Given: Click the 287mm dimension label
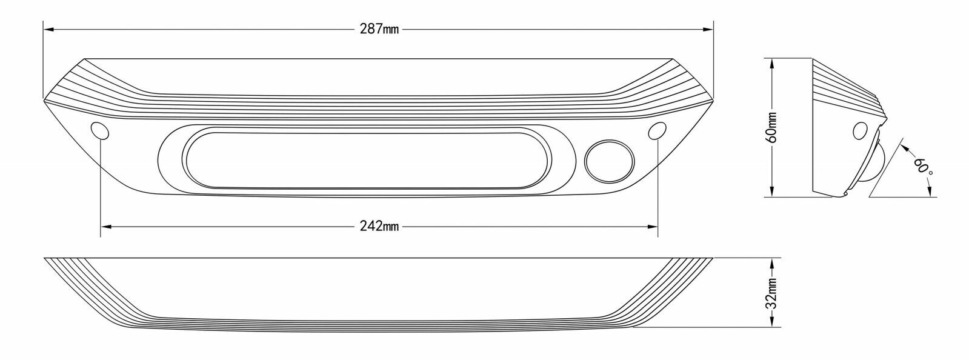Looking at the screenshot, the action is [x=379, y=29].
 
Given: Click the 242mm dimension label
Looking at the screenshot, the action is [x=379, y=226].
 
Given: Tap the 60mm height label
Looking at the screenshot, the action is [x=773, y=127].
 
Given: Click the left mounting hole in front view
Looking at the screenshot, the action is [x=100, y=130].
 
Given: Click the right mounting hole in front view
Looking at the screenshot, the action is [x=658, y=130].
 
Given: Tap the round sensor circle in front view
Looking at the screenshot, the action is [x=609, y=161].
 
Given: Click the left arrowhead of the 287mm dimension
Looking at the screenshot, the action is [x=48, y=30].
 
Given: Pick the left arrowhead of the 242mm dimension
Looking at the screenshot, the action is [x=105, y=226].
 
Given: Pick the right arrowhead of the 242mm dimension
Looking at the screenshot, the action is [x=653, y=226].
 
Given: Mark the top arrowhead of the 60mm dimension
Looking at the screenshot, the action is [x=773, y=64].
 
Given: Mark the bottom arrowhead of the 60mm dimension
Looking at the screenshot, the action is [x=773, y=192].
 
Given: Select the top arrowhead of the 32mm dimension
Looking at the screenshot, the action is [x=773, y=264].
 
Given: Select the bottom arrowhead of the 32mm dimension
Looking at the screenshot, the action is [x=773, y=321].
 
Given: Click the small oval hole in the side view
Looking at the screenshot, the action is [x=860, y=131].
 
